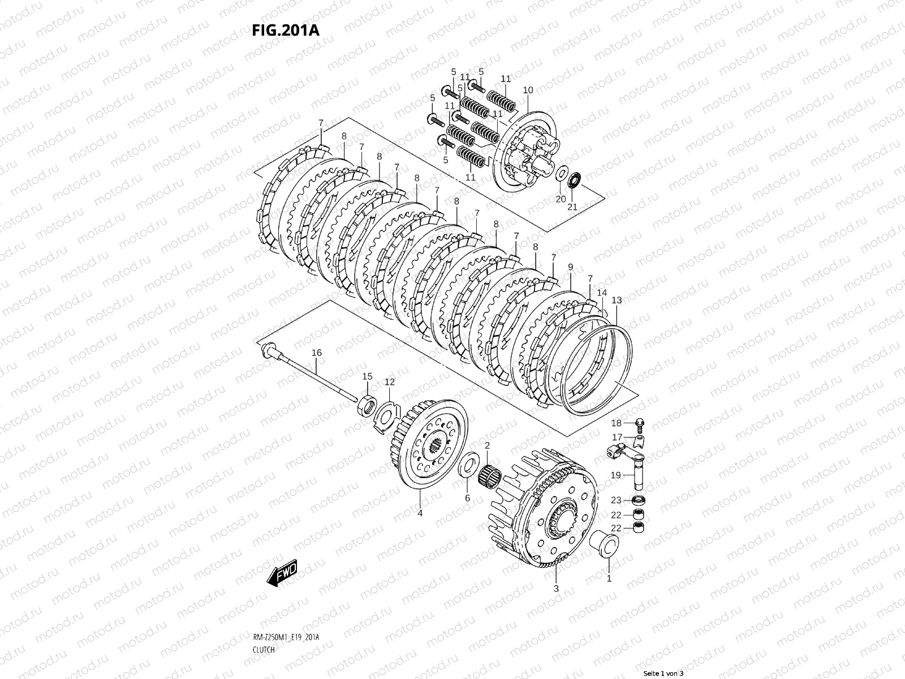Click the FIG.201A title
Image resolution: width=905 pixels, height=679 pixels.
(286, 30)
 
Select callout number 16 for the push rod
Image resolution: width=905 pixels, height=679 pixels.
(316, 353)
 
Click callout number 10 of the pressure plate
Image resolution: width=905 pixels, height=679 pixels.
(528, 90)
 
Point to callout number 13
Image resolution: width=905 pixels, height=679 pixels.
(617, 300)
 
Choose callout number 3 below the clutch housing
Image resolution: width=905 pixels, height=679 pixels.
(556, 588)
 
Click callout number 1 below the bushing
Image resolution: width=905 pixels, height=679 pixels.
(609, 579)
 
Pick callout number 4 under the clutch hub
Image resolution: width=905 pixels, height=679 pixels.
(420, 514)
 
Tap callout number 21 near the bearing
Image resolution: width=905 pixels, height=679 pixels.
(572, 207)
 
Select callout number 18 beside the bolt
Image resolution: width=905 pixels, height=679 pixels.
(616, 423)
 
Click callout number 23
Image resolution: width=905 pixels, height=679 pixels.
(616, 500)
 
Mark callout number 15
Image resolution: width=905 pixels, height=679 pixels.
(368, 376)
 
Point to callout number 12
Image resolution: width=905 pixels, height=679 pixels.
(390, 383)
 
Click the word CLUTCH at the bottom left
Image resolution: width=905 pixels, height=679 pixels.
(264, 618)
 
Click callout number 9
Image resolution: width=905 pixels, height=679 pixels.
(570, 267)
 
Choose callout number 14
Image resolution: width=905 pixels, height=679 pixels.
(602, 293)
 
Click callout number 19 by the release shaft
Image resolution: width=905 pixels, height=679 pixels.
(616, 475)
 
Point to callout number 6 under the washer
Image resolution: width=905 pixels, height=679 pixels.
(467, 498)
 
